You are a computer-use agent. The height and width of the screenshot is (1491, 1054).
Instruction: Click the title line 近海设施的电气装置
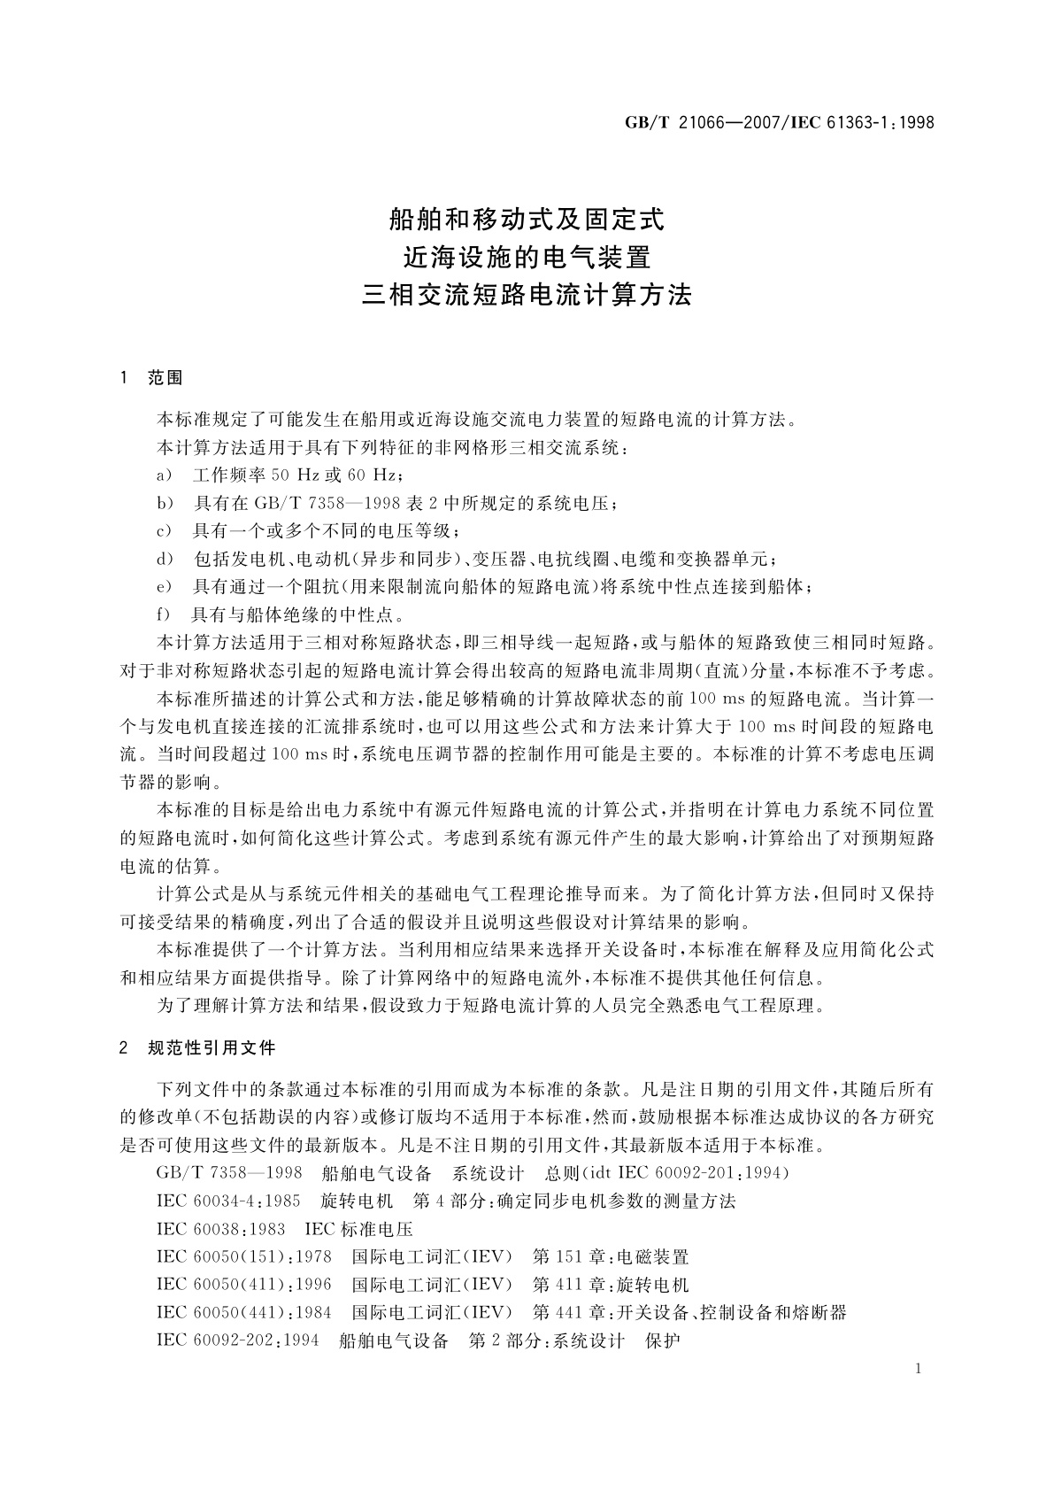point(527,257)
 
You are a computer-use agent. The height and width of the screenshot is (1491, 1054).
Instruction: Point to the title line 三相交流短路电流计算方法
point(527,296)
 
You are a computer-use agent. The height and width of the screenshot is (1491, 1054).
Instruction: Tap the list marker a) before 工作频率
point(164,475)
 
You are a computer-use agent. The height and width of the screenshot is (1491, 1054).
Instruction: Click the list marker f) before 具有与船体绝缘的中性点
point(163,614)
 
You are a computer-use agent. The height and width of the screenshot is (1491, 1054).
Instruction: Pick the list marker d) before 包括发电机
point(164,559)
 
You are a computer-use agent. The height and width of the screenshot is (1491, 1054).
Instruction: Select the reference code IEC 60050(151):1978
point(244,1257)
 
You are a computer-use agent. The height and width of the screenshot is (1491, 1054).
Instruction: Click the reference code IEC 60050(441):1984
point(244,1312)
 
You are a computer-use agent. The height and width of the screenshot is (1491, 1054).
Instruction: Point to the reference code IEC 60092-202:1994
point(237,1340)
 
